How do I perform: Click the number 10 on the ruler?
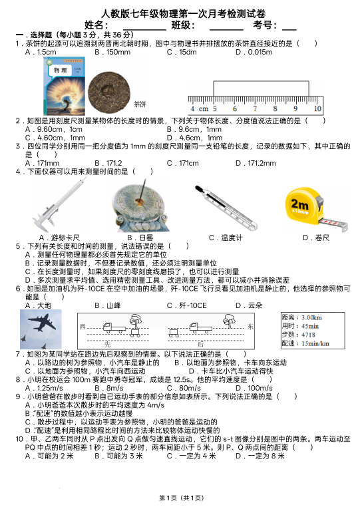coord(317,108)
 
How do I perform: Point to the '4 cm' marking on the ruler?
coord(198,108)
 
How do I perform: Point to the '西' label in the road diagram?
coord(83,327)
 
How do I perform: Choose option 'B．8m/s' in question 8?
coord(109,388)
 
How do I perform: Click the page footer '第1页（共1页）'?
coord(180,498)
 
